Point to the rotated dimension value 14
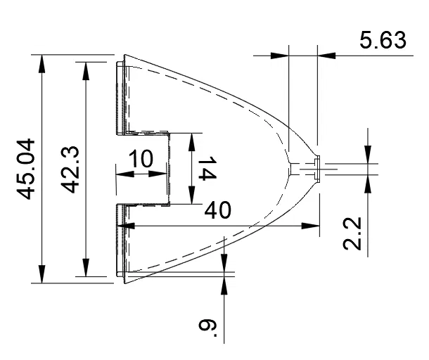pyautogui.click(x=206, y=169)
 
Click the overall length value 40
pyautogui.click(x=219, y=210)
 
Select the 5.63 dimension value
pyautogui.click(x=383, y=39)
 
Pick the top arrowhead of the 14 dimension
pyautogui.click(x=191, y=139)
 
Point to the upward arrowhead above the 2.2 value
pyautogui.click(x=368, y=182)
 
